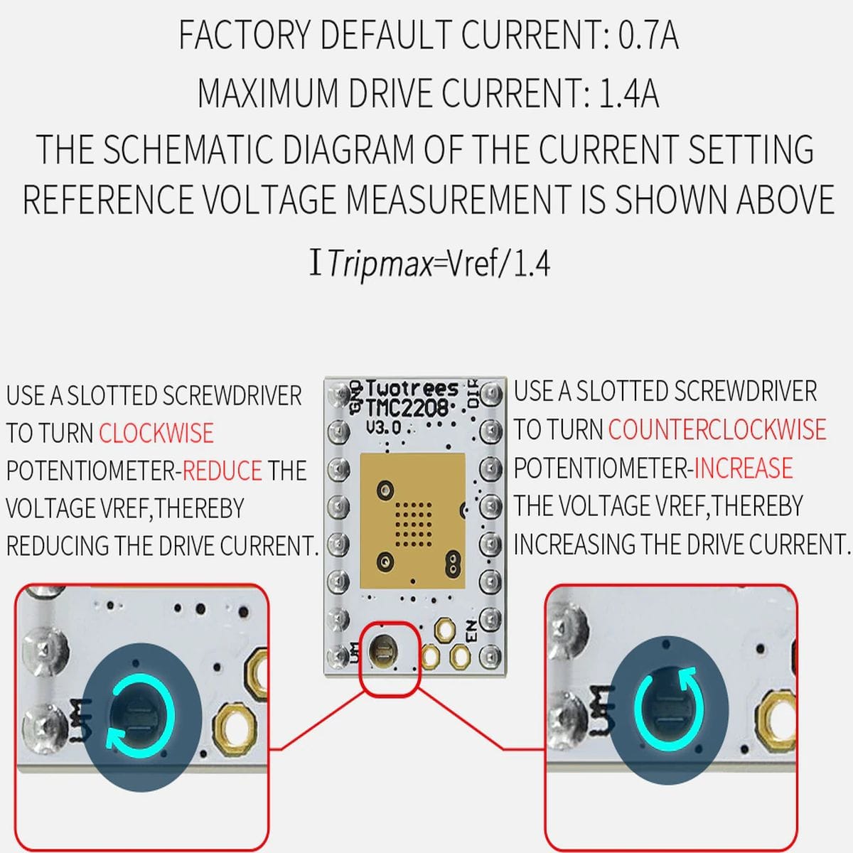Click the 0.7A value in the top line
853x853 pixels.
point(648,35)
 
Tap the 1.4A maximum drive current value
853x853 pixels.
point(628,93)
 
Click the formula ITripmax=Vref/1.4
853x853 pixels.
point(429,264)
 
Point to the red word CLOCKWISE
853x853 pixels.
point(156,432)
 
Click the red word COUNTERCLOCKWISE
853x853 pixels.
point(717,429)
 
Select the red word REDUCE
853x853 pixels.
point(222,470)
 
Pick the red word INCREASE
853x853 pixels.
point(744,468)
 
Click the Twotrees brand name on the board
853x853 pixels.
point(412,389)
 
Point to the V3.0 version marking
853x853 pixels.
point(383,428)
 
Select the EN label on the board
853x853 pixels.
point(472,631)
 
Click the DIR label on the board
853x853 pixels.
point(473,393)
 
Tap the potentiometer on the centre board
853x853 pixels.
point(383,651)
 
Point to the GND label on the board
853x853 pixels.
point(355,397)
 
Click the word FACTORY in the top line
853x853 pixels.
point(245,35)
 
